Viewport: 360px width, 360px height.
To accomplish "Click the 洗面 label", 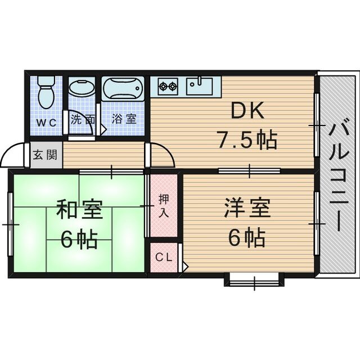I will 82,119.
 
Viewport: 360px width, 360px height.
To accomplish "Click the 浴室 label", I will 124,119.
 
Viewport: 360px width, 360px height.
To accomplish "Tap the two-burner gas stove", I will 167,87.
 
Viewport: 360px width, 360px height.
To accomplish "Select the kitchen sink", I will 200,87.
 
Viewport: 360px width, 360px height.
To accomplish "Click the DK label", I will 247,113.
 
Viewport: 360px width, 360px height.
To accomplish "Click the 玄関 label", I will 43,155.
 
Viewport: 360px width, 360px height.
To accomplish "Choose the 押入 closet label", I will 163,205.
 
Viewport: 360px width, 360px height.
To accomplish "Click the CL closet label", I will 163,258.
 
